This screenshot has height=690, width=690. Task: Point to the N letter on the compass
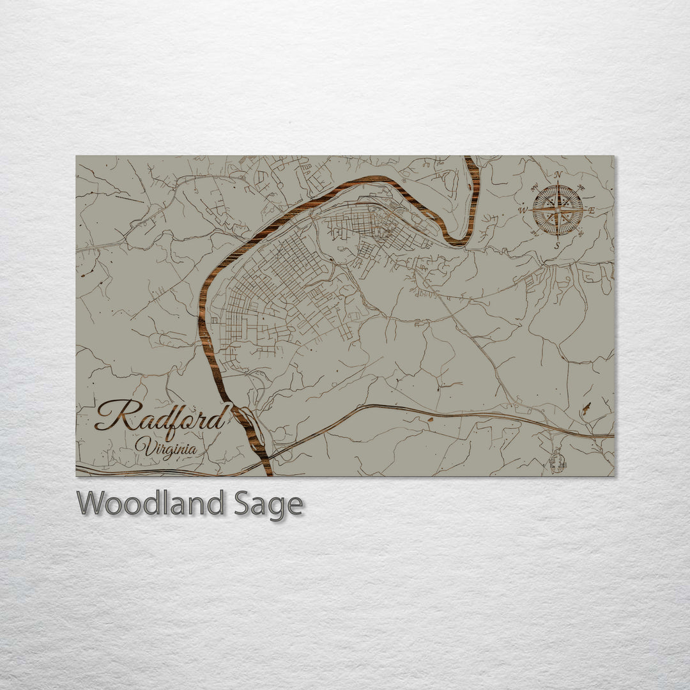coord(558,175)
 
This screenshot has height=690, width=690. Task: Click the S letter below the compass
coord(557,245)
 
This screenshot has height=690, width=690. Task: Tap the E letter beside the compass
coord(592,210)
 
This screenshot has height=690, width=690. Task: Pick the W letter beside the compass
coord(522,210)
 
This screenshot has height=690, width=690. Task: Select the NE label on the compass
coord(581,187)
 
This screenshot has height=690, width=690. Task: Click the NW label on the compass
coord(535,187)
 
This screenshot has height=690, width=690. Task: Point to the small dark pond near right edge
coord(586,409)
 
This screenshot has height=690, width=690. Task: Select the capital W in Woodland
coord(90,504)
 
